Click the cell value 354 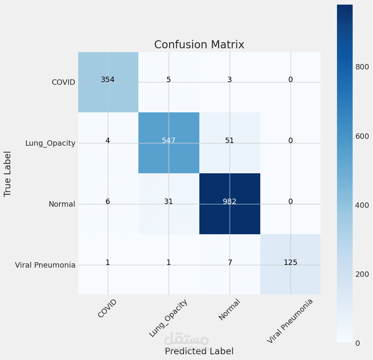coord(108,80)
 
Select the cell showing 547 coord(169,141)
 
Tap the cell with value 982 coord(230,202)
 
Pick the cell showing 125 coord(291,263)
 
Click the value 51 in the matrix coord(230,141)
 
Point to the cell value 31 coord(169,202)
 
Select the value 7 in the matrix coord(230,263)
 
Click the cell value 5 coord(169,80)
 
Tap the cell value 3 coord(230,80)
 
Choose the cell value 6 coord(108,202)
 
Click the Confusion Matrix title coord(199,45)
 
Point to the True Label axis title coord(8,174)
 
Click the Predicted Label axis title coord(199,351)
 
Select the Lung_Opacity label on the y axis coord(50,143)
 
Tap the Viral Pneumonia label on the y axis coord(45,265)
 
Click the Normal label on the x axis coord(229,310)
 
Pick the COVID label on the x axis coord(107,309)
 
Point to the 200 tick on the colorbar coord(362,274)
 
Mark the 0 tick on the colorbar coord(358,343)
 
